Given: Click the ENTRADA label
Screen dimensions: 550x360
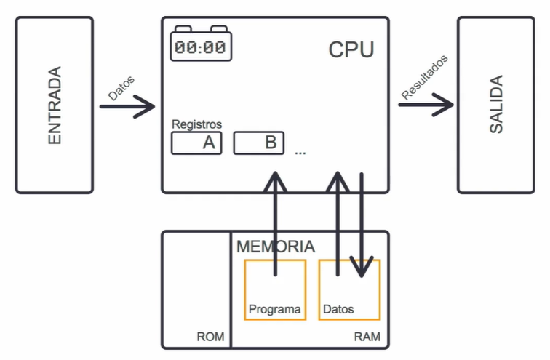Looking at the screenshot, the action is coord(55,105).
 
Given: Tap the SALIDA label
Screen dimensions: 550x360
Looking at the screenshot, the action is coord(496,104).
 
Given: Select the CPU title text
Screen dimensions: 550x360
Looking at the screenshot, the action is coord(351,49).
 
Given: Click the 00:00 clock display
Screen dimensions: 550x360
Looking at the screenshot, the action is coord(200,47).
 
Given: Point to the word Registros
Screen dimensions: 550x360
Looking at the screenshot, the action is coord(196,124).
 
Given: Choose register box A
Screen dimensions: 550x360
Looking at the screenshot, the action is coord(196,143).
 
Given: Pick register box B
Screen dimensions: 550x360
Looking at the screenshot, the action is coord(259,143).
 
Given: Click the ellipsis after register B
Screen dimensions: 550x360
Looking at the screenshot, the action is coord(300,153).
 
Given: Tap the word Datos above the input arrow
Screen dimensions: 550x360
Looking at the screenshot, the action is coord(121,88).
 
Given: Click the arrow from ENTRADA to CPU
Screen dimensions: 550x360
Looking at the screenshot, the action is coord(127,106).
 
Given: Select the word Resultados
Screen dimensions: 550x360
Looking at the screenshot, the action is coord(424,78).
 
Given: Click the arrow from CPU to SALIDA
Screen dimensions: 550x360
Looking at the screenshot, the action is coord(426,105).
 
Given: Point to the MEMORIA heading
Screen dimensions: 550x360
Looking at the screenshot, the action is coord(276,247).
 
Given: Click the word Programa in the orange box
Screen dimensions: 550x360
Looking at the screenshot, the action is coord(275,310).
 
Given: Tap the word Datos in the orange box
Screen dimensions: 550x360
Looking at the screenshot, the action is coord(338,309).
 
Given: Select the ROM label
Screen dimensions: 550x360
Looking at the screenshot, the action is coord(210,337).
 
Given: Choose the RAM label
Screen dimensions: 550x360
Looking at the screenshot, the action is coord(367,337).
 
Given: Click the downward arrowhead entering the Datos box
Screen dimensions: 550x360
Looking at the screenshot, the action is coord(362,266).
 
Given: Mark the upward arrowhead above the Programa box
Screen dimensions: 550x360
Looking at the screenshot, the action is coord(276,181).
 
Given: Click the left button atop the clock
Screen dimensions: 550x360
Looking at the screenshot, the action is coord(183,28).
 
